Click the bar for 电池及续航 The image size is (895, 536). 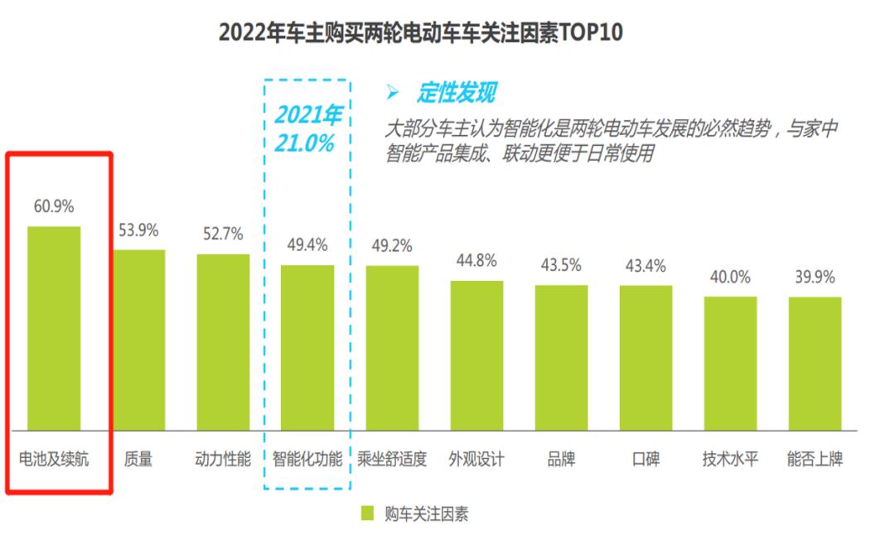(x=54, y=328)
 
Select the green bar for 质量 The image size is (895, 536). (x=139, y=340)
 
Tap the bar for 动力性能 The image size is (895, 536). (x=223, y=341)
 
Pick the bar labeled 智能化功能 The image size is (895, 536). (x=307, y=348)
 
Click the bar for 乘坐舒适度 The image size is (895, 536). (x=392, y=348)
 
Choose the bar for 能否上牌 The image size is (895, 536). (x=815, y=364)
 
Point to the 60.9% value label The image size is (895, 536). (x=54, y=206)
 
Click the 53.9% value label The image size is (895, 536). (x=138, y=230)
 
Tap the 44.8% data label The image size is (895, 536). (x=477, y=261)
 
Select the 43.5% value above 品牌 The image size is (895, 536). (x=561, y=266)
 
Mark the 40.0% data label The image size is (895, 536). (x=730, y=278)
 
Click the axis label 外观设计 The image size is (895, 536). (x=477, y=458)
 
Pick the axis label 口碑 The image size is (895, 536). (x=646, y=458)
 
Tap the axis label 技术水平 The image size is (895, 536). (x=730, y=458)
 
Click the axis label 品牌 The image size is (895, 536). (x=561, y=458)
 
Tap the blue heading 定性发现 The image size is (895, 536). (x=457, y=93)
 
